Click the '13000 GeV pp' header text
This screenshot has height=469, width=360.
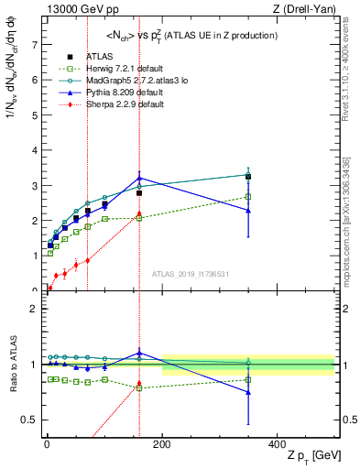pyautogui.click(x=78, y=8)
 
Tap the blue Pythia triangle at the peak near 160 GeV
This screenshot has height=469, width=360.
pyautogui.click(x=139, y=179)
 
